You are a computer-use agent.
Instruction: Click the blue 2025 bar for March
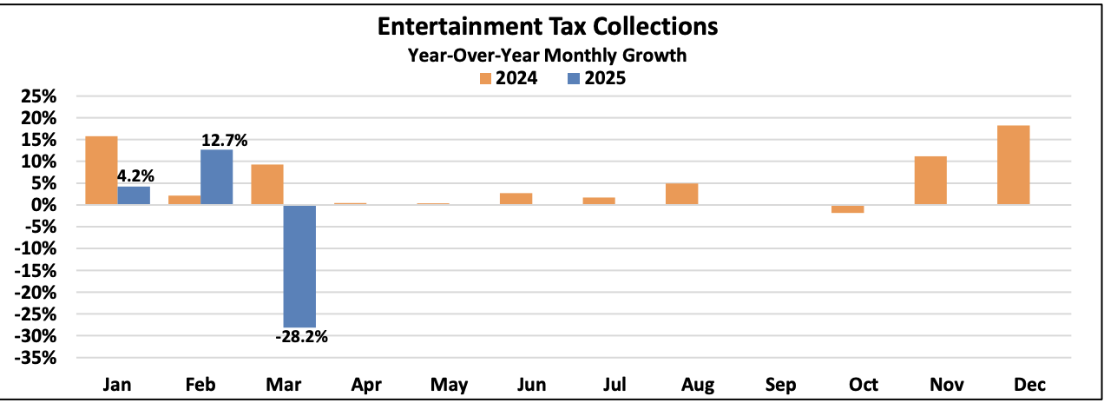299,266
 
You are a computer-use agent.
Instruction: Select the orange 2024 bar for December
1013,165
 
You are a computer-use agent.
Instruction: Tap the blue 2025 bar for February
216,177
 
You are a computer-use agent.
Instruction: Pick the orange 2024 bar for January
102,170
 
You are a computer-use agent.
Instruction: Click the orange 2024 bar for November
930,181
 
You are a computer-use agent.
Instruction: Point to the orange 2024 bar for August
681,194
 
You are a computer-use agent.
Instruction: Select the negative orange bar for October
847,209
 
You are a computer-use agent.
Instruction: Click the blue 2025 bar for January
134,195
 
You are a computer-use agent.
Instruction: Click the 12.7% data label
225,140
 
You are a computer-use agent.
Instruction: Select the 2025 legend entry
596,78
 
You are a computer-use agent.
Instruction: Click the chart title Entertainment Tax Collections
548,27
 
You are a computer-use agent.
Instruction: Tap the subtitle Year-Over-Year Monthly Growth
548,55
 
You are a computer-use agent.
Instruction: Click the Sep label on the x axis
780,385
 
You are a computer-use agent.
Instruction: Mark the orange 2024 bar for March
267,184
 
